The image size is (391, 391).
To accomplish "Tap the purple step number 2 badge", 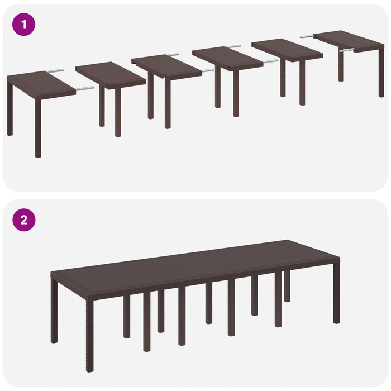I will (23, 220).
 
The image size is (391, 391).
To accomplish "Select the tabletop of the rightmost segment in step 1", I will (349, 39).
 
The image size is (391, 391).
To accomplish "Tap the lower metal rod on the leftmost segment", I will (85, 88).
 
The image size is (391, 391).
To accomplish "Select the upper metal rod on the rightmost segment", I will (308, 36).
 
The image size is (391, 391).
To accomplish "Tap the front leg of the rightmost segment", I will (381, 73).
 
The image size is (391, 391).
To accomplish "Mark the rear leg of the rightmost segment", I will (341, 66).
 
